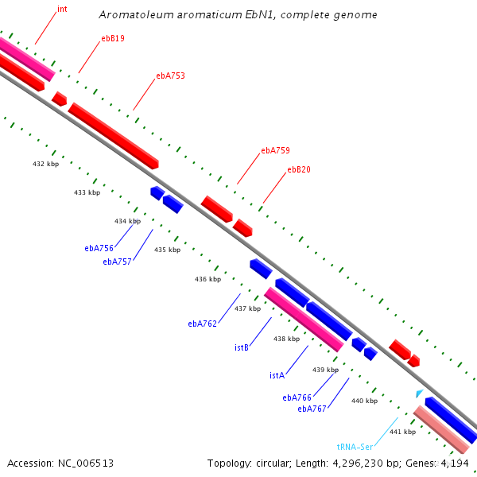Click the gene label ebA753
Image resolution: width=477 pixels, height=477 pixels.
tap(170, 76)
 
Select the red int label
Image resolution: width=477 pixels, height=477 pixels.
tap(62, 10)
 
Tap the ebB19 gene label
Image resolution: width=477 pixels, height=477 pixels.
tap(112, 38)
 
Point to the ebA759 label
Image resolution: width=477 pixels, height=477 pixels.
tap(275, 150)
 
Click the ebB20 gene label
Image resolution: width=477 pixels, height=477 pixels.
tap(299, 169)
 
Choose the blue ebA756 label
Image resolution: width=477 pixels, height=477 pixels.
tap(99, 248)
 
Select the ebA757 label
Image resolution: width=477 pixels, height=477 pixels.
tap(118, 262)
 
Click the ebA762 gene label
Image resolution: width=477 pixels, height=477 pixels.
tap(202, 324)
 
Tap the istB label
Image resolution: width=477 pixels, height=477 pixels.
tap(242, 347)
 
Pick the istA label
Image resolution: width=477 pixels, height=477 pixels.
tap(277, 375)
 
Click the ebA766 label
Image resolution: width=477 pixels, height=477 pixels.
tap(297, 397)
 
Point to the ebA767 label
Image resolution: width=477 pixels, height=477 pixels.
tap(312, 409)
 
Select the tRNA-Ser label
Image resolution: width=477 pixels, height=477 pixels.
tap(355, 447)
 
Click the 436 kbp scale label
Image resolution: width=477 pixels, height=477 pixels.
tap(207, 279)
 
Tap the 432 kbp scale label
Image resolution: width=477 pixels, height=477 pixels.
tap(45, 164)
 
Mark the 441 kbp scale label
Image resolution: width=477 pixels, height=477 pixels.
tap(402, 432)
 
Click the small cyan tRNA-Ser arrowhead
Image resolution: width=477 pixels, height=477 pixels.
tap(419, 394)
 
